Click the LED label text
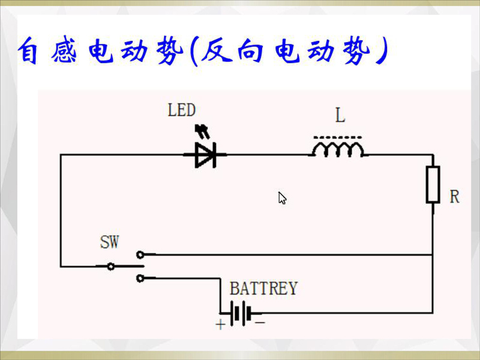pos(181,110)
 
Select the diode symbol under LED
pos(206,155)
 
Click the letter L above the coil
pos(340,115)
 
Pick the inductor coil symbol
pos(338,150)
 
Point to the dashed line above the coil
pos(338,137)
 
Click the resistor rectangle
pos(433,184)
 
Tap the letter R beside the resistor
pos(454,196)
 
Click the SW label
pos(109,242)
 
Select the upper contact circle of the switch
pos(140,254)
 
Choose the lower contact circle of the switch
pos(140,278)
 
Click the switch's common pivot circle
pos(110,266)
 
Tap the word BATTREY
pos(263,289)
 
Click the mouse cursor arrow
pos(282,198)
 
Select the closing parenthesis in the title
pos(382,52)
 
